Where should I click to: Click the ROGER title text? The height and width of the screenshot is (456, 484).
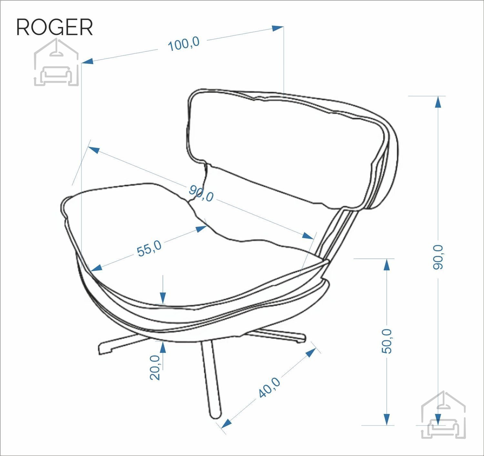click(55, 27)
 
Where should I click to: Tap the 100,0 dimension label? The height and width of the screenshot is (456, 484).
click(184, 44)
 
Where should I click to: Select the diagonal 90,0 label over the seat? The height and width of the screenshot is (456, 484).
click(201, 193)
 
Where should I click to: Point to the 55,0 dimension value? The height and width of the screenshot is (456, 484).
click(149, 248)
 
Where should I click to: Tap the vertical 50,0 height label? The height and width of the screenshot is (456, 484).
click(387, 341)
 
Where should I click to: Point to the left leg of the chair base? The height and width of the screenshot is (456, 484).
click(122, 343)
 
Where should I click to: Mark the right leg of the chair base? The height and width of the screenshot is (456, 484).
click(278, 336)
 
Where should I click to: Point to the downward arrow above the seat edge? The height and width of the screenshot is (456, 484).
click(163, 290)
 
